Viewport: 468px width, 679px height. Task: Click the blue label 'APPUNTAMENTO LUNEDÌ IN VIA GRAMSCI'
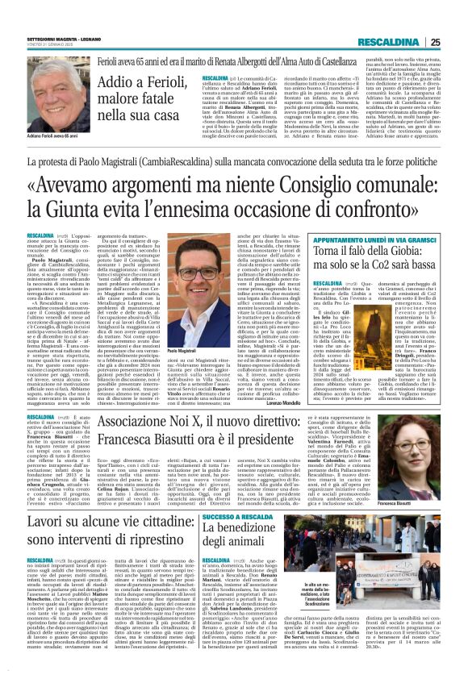coord(379,240)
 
